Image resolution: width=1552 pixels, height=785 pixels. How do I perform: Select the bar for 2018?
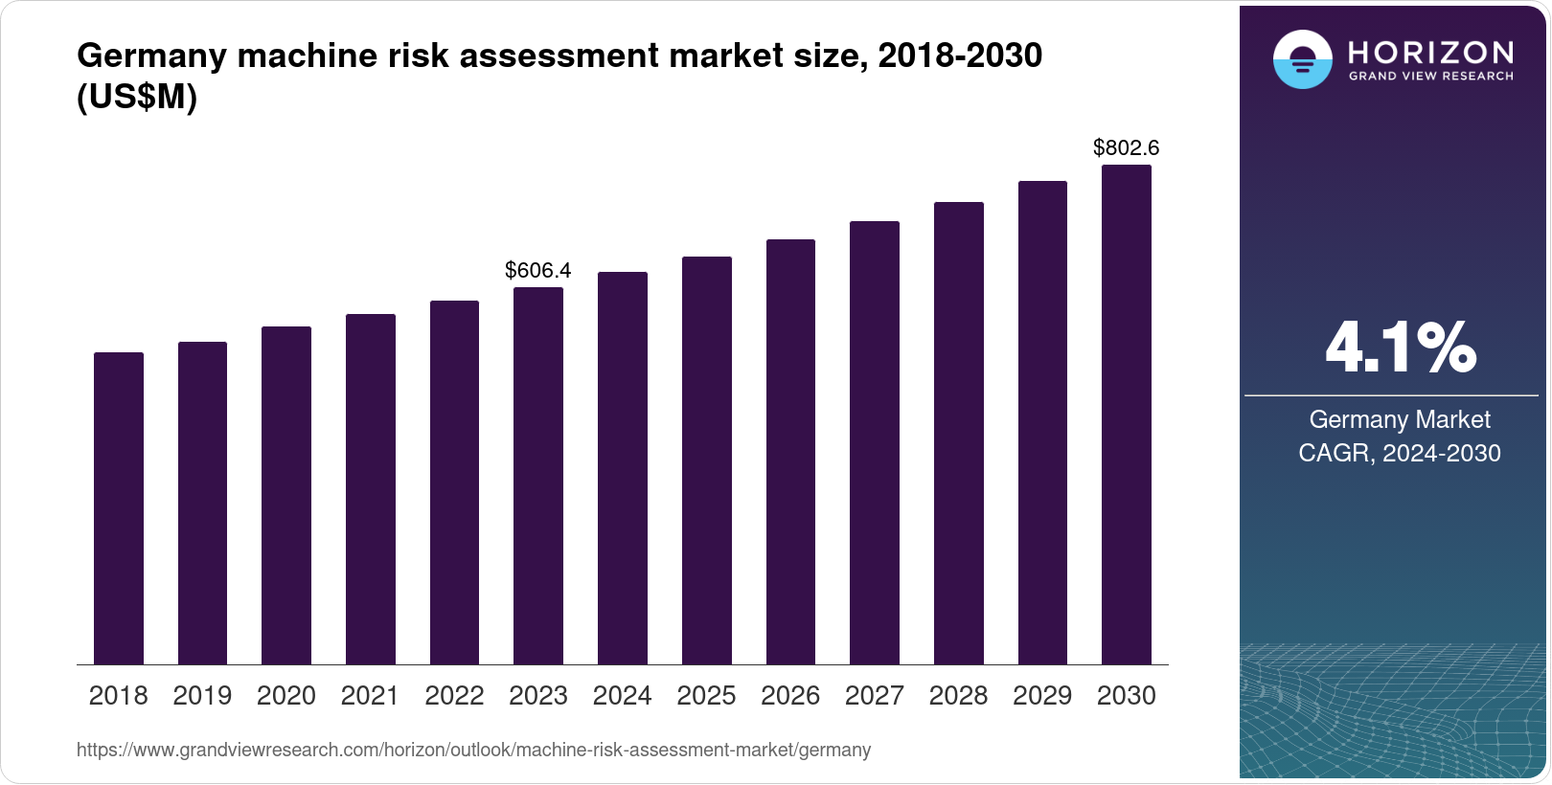point(119,508)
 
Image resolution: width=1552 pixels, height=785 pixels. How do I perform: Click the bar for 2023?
point(538,476)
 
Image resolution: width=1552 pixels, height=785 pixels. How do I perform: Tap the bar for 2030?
point(1127,415)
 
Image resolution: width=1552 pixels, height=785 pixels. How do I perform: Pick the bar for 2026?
point(790,452)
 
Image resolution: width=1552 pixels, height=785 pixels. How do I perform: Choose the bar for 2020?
point(286,495)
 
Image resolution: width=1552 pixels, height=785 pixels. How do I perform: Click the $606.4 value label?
point(538,271)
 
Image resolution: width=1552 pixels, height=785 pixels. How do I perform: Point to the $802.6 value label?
point(1127,148)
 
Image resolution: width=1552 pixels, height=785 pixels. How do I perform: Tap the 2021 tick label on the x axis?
point(370,696)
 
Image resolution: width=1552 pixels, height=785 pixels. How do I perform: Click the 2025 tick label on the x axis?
point(706,696)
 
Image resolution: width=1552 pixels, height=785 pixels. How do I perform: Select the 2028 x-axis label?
point(958,696)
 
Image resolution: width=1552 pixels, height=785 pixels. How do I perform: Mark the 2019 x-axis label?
point(202,696)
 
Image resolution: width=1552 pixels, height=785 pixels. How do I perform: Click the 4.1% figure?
point(1400,348)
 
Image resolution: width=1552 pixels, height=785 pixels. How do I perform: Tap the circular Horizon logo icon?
point(1302,59)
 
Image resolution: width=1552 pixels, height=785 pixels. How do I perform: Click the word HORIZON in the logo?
point(1430,52)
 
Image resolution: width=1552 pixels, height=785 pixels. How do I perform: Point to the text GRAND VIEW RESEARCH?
point(1430,77)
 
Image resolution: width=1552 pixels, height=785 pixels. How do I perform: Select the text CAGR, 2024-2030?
point(1400,453)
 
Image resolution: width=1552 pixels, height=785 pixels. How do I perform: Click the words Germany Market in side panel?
point(1400,419)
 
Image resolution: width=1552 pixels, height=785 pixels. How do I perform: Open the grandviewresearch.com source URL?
point(473,751)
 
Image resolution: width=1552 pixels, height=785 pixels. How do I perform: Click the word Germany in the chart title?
point(151,56)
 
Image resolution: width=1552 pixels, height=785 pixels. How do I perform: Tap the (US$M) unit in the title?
point(137,98)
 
